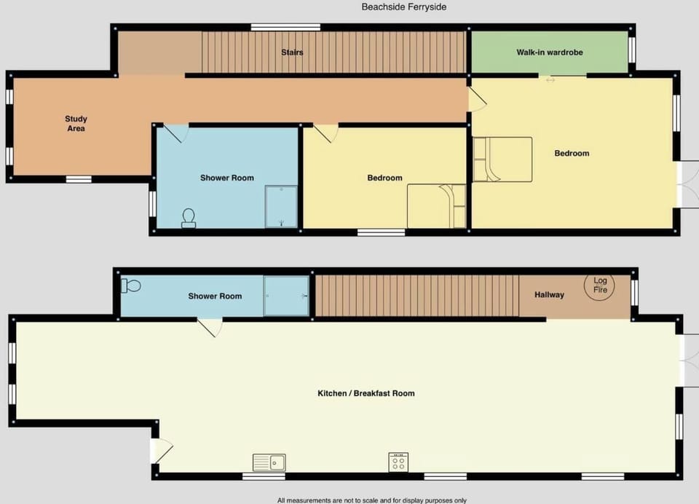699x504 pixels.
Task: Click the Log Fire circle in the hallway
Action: tap(600, 286)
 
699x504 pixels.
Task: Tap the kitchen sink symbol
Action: tap(269, 462)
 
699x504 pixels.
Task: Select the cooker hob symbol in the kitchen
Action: tap(398, 462)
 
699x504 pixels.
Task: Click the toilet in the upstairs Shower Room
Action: tap(189, 218)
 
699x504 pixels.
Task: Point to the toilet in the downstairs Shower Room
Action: tap(132, 286)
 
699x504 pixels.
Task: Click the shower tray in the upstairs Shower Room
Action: tap(282, 207)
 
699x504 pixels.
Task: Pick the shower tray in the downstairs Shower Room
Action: tap(286, 296)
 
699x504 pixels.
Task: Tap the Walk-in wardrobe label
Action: tap(550, 52)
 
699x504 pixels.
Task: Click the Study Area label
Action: tap(76, 124)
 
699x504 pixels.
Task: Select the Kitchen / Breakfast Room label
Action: tap(366, 393)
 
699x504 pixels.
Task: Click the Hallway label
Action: tap(549, 295)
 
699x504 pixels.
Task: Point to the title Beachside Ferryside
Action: tap(403, 7)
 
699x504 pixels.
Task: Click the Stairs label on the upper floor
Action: tap(292, 52)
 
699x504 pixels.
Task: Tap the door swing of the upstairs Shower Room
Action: tap(175, 133)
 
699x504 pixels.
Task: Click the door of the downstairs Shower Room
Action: tap(210, 328)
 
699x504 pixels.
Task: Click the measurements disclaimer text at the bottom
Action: tap(371, 500)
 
